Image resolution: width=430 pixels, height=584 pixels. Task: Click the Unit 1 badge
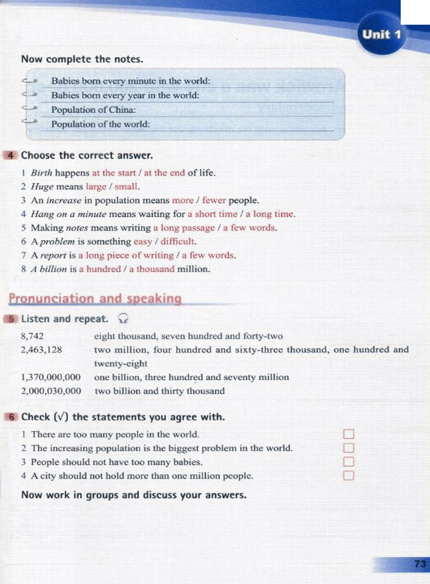point(381,34)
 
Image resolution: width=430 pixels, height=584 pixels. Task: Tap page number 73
point(420,563)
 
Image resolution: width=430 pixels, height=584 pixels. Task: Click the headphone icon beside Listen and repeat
point(123,319)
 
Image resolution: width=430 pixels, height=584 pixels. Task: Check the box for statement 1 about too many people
point(349,434)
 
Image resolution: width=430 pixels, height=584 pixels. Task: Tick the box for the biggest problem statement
point(349,448)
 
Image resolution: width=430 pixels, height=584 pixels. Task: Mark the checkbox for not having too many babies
point(349,462)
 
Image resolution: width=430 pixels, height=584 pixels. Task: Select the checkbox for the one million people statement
point(349,476)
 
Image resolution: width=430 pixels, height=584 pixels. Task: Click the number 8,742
point(32,336)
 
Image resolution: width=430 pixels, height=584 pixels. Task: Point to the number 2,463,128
point(41,350)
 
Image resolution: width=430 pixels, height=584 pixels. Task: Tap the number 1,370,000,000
point(51,377)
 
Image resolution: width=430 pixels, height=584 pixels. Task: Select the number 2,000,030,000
point(51,391)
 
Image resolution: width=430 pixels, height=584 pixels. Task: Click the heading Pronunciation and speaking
point(95,298)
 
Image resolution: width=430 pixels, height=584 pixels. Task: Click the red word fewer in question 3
point(214,200)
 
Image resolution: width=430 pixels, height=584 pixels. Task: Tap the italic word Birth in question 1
point(42,173)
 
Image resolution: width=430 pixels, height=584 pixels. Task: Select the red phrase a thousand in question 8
point(152,269)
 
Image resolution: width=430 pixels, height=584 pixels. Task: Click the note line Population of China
point(93,110)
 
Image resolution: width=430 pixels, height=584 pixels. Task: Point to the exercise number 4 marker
point(11,155)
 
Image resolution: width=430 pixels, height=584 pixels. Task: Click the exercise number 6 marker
point(11,417)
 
